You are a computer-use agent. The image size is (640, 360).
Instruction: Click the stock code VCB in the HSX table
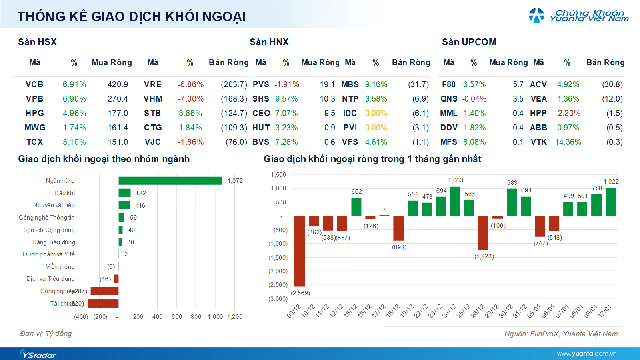(34, 84)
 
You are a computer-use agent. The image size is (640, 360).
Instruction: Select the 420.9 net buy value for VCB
(117, 84)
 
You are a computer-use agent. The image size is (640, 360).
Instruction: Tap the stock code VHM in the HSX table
(154, 100)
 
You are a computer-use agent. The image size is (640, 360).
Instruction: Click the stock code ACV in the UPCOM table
(537, 84)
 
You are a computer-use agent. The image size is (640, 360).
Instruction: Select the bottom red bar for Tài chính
(104, 302)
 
